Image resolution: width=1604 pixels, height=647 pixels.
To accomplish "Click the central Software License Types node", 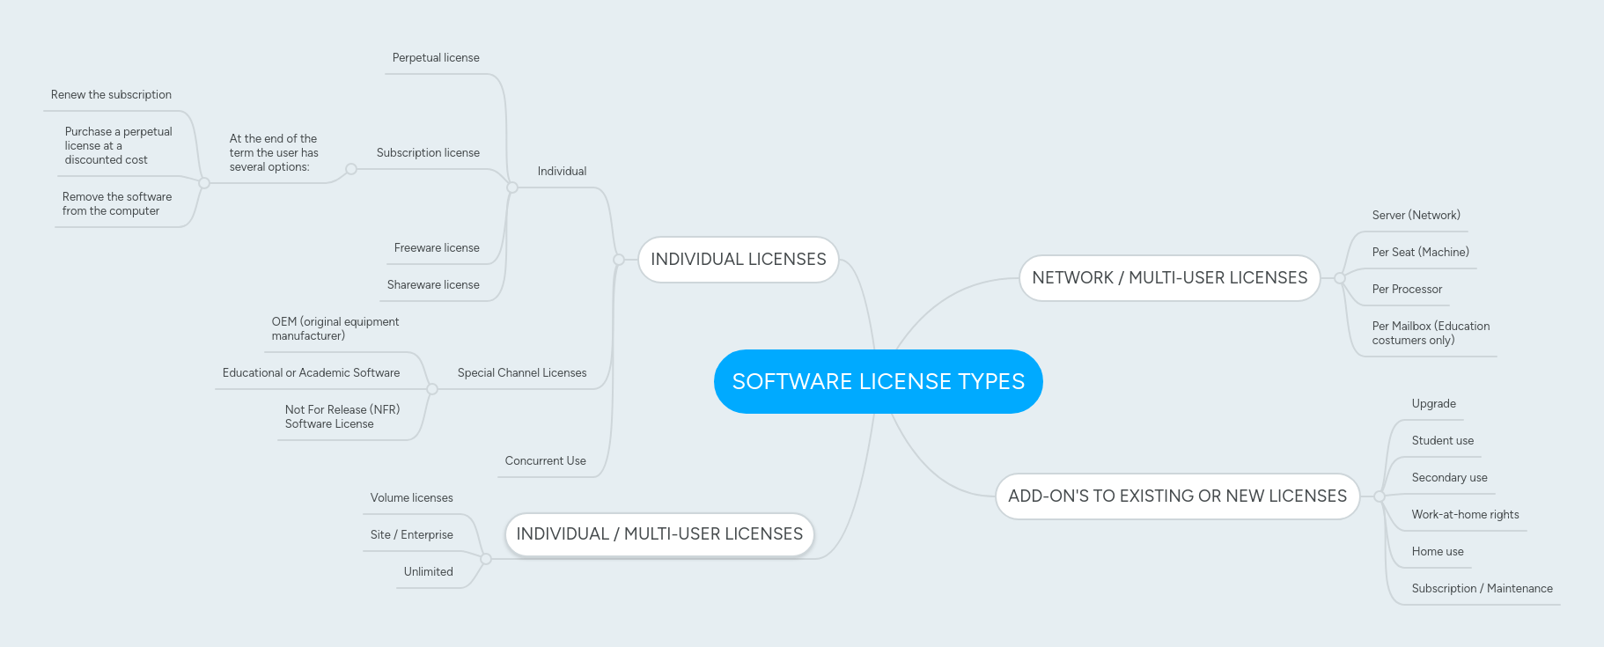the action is click(878, 381).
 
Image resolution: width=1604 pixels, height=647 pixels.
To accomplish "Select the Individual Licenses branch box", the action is click(738, 260).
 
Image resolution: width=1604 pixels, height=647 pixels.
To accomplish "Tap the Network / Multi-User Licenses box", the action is click(1169, 278).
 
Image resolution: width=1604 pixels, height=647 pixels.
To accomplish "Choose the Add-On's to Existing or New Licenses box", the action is click(1177, 496).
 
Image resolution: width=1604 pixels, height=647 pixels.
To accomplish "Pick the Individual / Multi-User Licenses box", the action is click(659, 534).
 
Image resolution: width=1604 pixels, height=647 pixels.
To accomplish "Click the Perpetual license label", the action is click(436, 58).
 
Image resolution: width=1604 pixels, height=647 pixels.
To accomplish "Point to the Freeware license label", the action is click(437, 248).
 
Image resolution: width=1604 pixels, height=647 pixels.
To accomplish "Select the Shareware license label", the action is click(433, 285).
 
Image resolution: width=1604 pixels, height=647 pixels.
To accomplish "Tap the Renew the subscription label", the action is click(111, 95).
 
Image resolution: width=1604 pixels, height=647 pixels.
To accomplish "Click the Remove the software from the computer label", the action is click(116, 204).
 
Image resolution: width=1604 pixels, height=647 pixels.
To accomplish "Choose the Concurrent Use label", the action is click(545, 461).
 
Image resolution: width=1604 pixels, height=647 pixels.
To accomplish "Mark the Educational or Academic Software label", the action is click(311, 373).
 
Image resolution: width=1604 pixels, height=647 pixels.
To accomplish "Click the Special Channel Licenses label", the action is click(522, 373).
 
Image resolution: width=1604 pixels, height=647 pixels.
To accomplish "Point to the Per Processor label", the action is click(1407, 290).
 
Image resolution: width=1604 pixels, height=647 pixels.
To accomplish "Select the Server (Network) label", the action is click(1416, 216).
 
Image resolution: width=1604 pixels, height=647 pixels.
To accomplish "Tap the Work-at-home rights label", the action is click(1465, 515).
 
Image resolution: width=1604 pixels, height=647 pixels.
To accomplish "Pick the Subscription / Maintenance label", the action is click(1482, 589).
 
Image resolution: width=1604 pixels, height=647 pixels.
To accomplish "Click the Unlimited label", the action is click(428, 572).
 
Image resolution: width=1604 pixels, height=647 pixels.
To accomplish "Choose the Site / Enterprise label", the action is click(411, 535).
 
